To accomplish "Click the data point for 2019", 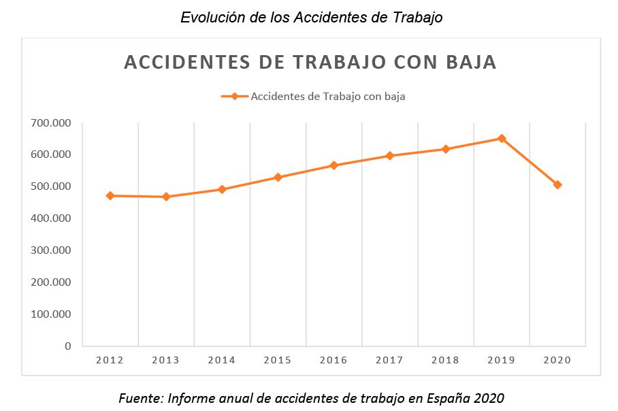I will coord(502,138).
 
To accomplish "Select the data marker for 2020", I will coord(557,184).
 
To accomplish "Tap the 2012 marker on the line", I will coord(110,195).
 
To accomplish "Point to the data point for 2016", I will coord(334,165).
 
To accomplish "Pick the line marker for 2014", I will coord(222,189).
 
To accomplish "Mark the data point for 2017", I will coord(390,155).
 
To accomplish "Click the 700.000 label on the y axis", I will coord(50,123).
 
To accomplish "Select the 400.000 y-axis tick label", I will coord(50,218).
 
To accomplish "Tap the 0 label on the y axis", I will coord(67,346).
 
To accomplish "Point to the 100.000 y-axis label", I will coord(50,314).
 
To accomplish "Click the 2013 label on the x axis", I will coord(165,360).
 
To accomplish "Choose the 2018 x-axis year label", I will coord(445,360).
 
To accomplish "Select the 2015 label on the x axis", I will coord(278,360).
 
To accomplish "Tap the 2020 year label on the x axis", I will coord(557,360).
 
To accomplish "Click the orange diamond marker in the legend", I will coord(234,96).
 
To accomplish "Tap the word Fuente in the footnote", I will coord(141,397).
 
